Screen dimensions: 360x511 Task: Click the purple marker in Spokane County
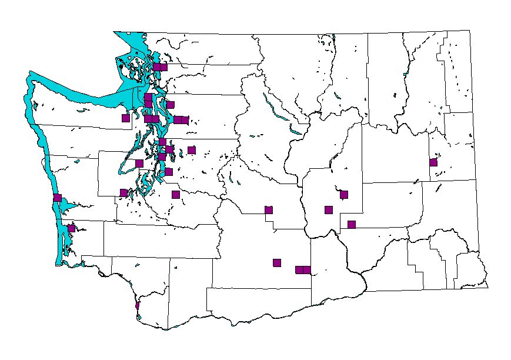click(x=433, y=162)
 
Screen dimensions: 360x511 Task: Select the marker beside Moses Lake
click(x=344, y=195)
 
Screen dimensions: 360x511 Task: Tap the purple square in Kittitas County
click(x=269, y=210)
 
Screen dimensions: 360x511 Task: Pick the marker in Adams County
click(x=352, y=224)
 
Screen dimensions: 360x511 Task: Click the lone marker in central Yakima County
click(x=277, y=263)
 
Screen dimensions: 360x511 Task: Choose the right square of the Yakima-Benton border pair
click(x=306, y=270)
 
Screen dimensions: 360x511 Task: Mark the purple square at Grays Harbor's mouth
click(x=57, y=198)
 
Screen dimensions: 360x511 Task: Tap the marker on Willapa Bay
click(x=71, y=228)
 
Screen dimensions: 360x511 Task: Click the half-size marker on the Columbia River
click(x=137, y=305)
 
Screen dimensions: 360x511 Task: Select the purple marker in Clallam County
click(x=125, y=118)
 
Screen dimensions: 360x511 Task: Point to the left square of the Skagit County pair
click(x=156, y=67)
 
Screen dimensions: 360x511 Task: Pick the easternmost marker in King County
click(x=191, y=150)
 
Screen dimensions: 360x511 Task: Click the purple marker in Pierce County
click(x=175, y=195)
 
